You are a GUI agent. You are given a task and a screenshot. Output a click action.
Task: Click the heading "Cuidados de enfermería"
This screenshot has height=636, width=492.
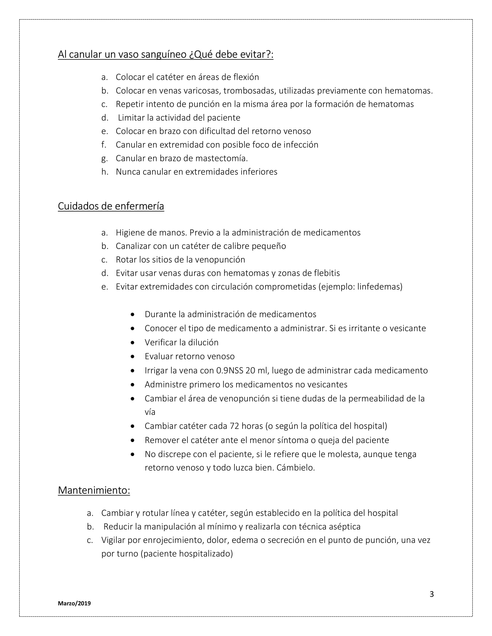click(x=111, y=206)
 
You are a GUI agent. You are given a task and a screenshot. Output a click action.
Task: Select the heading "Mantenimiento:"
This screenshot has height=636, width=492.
click(x=94, y=490)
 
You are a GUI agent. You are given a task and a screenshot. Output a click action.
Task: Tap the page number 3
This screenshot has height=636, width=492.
click(x=432, y=594)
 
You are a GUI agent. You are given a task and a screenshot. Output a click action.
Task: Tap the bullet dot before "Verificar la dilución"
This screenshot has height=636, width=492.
click(x=133, y=343)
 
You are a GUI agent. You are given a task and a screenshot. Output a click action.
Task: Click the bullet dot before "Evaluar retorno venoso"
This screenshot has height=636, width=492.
click(x=133, y=356)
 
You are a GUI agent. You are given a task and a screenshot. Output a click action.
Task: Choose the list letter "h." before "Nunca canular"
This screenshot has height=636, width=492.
click(x=105, y=172)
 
